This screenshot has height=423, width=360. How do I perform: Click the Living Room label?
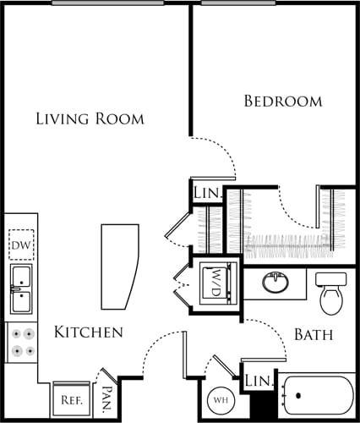tap(90, 118)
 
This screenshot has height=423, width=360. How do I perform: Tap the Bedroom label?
tap(282, 102)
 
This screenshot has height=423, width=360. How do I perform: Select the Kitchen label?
tap(89, 332)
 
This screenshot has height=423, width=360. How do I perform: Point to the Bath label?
tap(313, 335)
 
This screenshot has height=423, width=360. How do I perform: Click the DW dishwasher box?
tap(20, 246)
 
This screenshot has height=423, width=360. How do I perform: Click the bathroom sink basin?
tap(275, 282)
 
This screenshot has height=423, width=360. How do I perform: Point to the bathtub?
tap(318, 396)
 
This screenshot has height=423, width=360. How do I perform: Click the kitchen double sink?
tap(20, 288)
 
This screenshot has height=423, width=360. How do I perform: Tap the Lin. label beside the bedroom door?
tap(207, 194)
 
